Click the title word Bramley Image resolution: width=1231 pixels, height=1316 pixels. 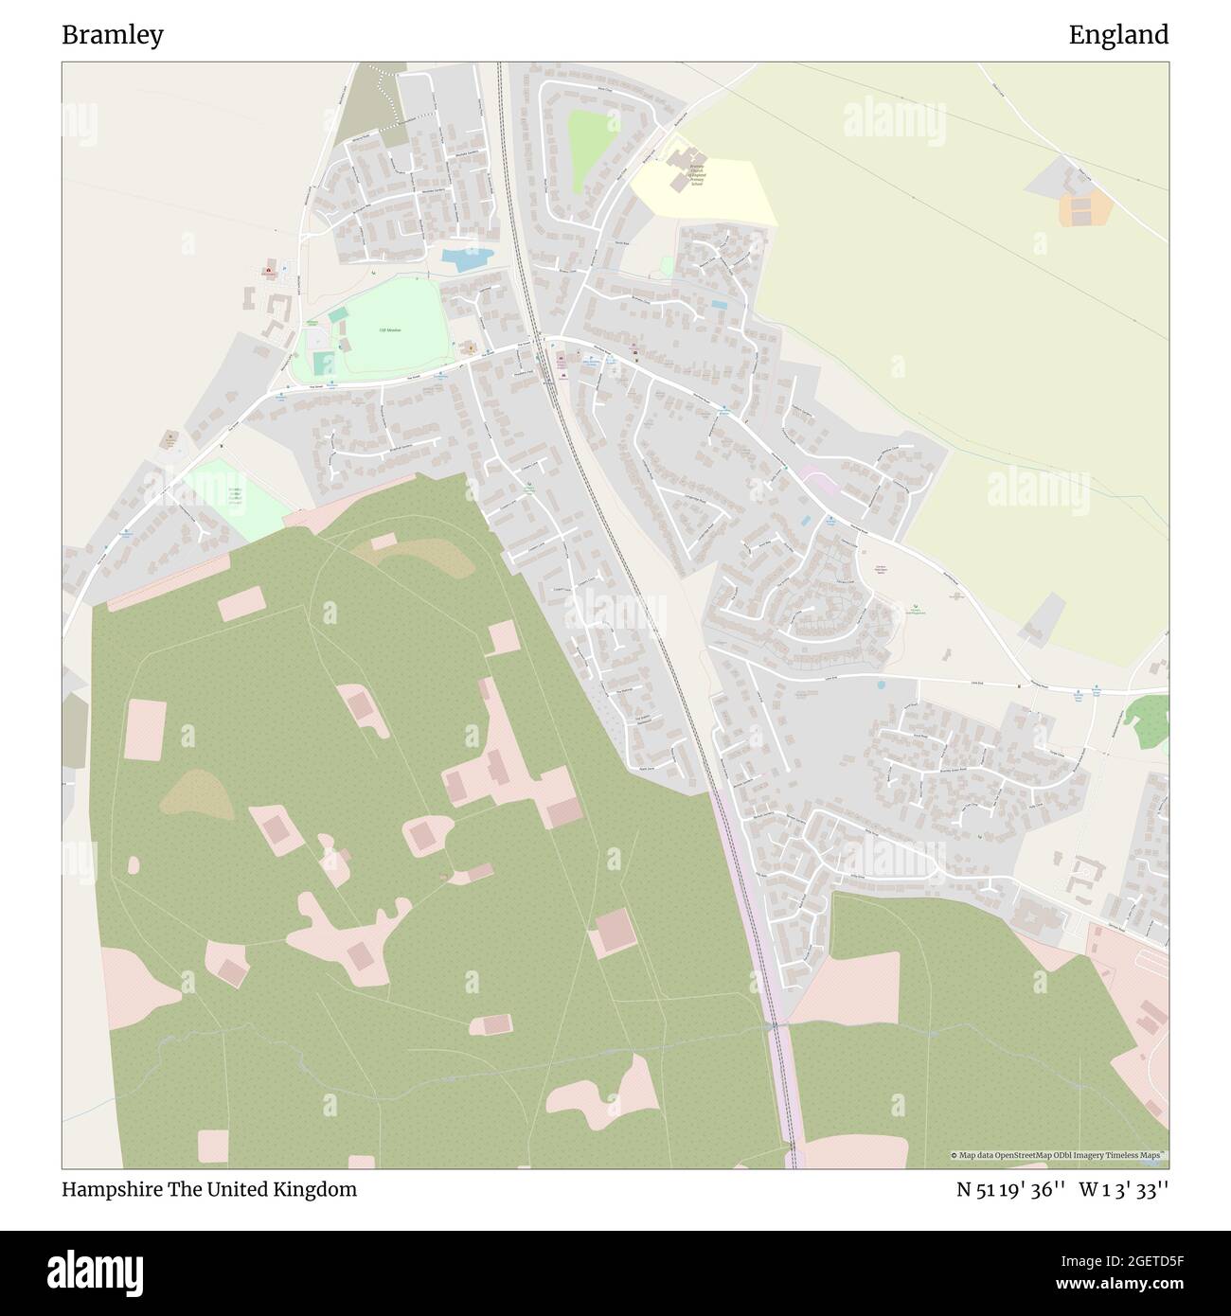pos(113,35)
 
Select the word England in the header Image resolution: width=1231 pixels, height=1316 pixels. pos(1118,35)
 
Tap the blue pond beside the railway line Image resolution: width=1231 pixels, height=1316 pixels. pos(467,257)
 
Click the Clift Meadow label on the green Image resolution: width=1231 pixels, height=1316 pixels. pos(390,329)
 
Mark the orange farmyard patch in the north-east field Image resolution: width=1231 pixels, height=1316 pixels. pos(1085,208)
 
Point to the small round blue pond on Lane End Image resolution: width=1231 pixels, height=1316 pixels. pos(881,683)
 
